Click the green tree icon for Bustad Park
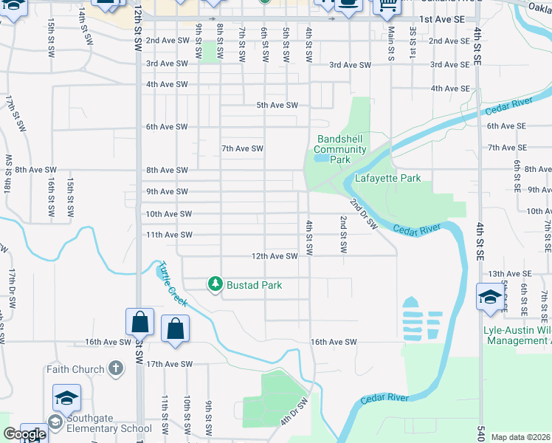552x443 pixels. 215,284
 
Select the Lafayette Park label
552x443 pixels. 387,178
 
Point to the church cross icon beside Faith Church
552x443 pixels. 115,368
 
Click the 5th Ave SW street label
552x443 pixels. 277,105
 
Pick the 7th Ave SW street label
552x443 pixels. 243,148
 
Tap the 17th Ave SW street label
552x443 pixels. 168,364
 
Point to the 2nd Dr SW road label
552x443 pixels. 363,213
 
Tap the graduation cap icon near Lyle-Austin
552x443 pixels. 490,297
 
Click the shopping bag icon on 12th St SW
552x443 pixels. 139,322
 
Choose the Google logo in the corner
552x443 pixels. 25,435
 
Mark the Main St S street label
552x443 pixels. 391,44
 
